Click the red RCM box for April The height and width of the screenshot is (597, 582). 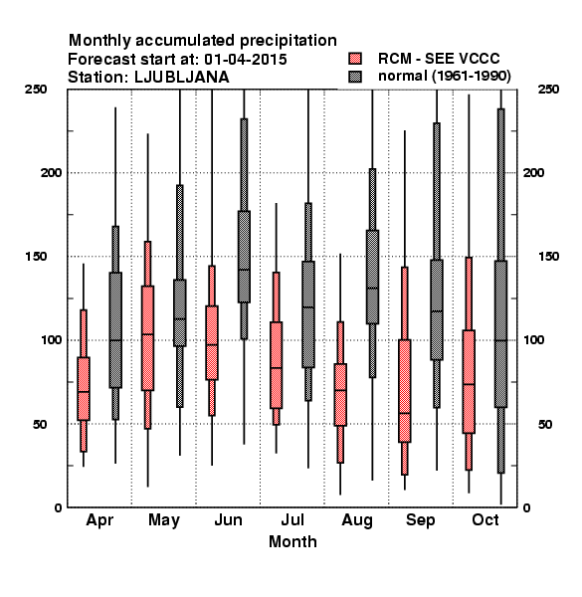(x=84, y=389)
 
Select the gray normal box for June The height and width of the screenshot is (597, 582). (x=244, y=257)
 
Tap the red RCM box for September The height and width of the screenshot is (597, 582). (x=405, y=391)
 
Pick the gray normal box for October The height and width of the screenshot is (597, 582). (x=501, y=334)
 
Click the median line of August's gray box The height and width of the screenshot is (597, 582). (x=372, y=289)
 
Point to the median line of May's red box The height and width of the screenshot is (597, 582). (x=147, y=334)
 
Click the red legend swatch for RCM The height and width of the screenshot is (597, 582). (x=355, y=59)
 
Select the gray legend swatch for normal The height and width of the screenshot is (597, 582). (x=355, y=77)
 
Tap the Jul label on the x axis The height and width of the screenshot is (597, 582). (x=292, y=519)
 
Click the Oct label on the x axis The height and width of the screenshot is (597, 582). (x=485, y=519)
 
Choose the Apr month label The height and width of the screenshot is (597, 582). (x=99, y=520)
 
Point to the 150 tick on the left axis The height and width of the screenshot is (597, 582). (x=36, y=257)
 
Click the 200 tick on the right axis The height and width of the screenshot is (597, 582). (x=533, y=172)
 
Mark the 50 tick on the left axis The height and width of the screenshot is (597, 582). (x=40, y=424)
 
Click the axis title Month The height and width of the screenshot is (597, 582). (x=292, y=542)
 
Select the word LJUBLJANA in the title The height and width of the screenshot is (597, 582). (x=182, y=78)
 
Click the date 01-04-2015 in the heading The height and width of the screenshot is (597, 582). (x=246, y=60)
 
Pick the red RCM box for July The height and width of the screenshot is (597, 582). (x=276, y=365)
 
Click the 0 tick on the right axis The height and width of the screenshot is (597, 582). (x=526, y=507)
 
